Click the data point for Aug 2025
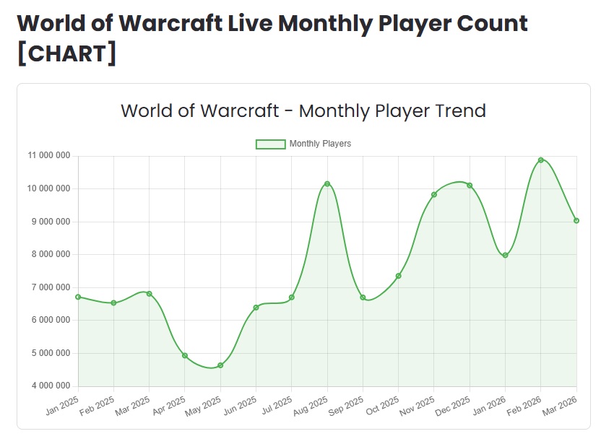point(327,184)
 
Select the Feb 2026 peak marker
point(541,160)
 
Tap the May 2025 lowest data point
point(220,365)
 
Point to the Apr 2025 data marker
point(185,355)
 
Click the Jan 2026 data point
point(506,255)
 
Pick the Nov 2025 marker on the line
point(434,194)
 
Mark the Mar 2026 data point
point(576,221)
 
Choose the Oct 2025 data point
point(399,276)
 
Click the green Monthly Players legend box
point(270,144)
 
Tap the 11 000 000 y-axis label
point(49,156)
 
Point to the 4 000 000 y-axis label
point(49,386)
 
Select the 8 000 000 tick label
point(49,255)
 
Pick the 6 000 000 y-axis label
point(49,321)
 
